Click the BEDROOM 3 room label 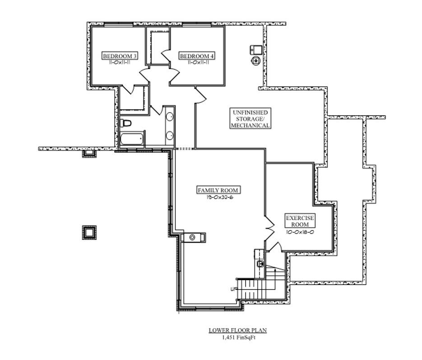click(x=120, y=56)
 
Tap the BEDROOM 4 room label click(x=197, y=56)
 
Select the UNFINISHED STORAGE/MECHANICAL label click(x=250, y=119)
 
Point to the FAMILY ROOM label click(x=218, y=190)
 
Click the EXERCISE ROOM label click(x=300, y=221)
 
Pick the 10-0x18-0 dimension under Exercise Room click(x=300, y=231)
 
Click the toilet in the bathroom click(x=126, y=123)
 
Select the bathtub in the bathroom click(x=132, y=139)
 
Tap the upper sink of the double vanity click(x=170, y=117)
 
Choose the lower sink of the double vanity click(x=170, y=135)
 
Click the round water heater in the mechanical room click(x=256, y=60)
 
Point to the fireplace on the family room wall click(x=193, y=237)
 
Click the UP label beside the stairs click(x=233, y=289)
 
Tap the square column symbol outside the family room click(x=89, y=232)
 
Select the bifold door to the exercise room click(x=269, y=224)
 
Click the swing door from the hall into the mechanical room click(x=200, y=94)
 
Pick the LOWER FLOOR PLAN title click(x=237, y=330)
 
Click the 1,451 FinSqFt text click(x=237, y=337)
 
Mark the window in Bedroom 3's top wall click(x=118, y=25)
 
